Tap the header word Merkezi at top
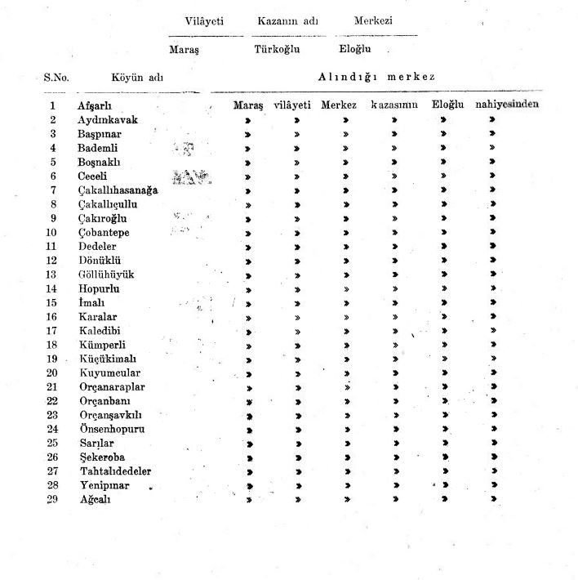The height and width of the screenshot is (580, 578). [373, 21]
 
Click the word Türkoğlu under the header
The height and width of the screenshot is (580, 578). [276, 48]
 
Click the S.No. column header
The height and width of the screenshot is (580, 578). [56, 78]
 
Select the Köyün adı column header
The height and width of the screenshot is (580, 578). [138, 78]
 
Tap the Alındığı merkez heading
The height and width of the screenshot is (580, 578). [376, 78]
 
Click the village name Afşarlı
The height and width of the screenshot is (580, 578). [94, 105]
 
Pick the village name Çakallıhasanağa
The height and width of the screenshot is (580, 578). [118, 190]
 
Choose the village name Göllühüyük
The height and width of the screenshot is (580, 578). [106, 274]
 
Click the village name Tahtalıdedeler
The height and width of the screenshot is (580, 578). [115, 471]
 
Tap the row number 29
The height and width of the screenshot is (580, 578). [52, 499]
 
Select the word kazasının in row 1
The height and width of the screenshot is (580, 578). [394, 105]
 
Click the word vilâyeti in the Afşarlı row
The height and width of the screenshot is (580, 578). [293, 105]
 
